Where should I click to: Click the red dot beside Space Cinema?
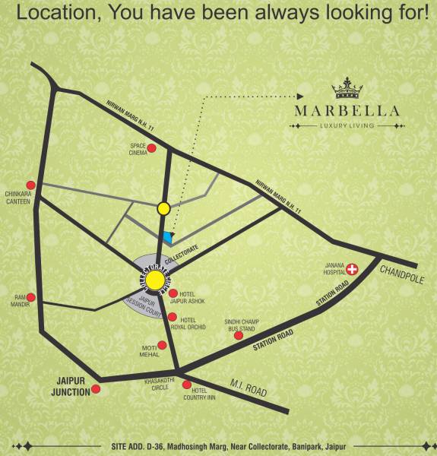151,148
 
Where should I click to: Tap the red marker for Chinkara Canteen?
30,185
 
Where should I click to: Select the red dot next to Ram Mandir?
30,297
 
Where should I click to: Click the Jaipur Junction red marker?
97,389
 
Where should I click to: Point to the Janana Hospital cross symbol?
352,269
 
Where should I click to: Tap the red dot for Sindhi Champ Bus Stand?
238,335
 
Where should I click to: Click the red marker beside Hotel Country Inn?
187,385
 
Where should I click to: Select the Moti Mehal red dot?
162,345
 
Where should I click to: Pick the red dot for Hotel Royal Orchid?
173,317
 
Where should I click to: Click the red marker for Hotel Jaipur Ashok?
173,293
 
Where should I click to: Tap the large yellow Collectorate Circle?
155,281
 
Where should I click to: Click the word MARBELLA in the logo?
347,111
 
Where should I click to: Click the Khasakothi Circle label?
160,383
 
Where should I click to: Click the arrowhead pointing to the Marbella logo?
299,97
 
